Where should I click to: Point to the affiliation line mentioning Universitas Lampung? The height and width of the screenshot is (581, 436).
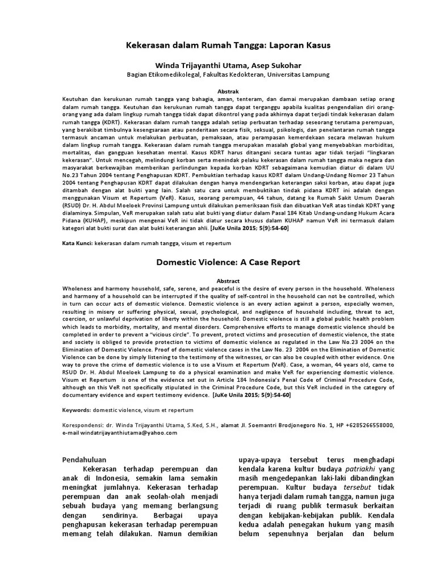click(x=227, y=74)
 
